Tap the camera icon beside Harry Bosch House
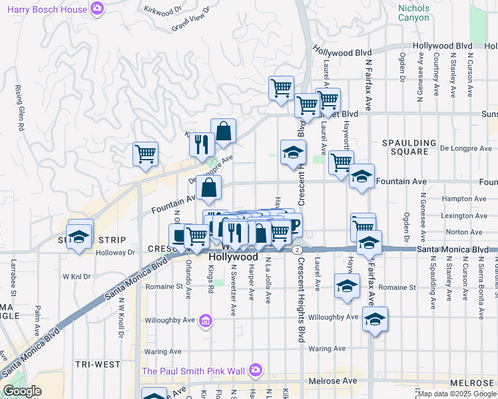coord(98,9)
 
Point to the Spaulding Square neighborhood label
coord(409,147)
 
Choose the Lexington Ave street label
coord(463,215)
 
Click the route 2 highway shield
coord(295,249)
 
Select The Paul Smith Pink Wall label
coord(192,370)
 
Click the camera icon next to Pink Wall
coord(255,370)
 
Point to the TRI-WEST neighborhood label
coord(98,364)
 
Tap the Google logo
coord(21,391)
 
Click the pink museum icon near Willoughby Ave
coord(206,323)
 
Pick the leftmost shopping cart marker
coord(145,154)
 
